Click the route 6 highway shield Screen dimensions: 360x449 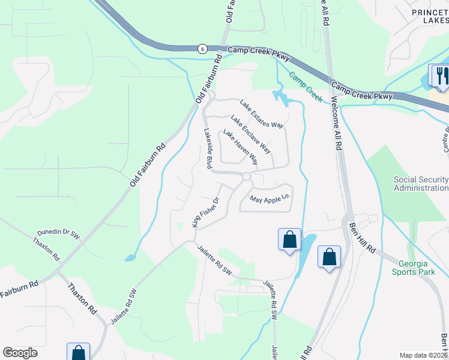203,49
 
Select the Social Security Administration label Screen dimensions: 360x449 420,184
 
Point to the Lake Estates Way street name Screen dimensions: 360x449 261,114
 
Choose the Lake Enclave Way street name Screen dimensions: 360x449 250,133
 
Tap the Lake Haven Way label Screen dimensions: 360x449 240,147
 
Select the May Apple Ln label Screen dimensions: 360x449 270,198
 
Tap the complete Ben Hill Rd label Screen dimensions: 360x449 362,237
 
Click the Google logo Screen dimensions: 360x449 20,353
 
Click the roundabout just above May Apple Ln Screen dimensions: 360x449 246,176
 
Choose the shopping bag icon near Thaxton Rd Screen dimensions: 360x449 79,352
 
